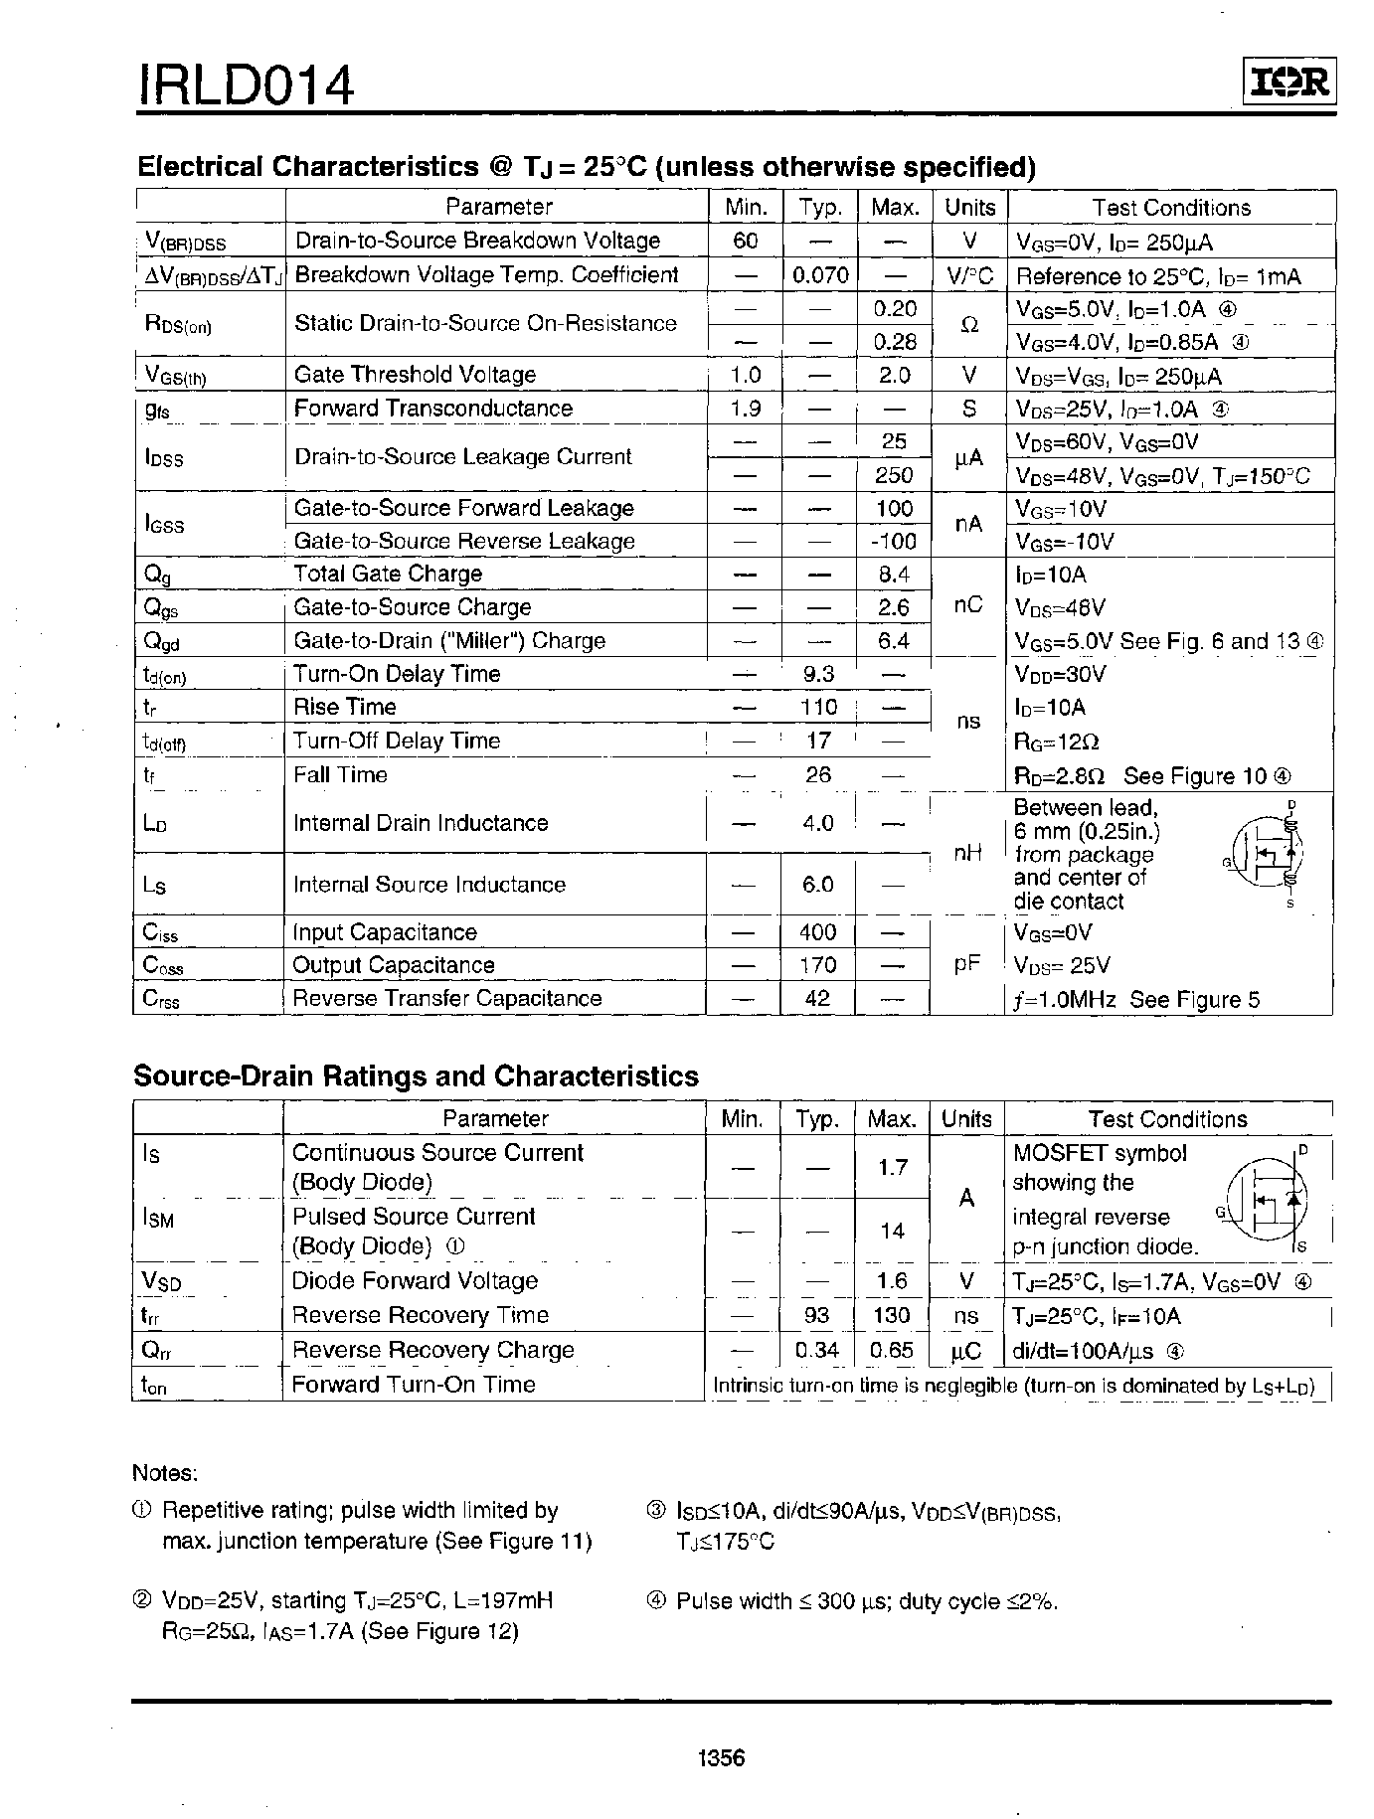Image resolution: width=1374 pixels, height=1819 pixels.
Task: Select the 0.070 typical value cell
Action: point(820,275)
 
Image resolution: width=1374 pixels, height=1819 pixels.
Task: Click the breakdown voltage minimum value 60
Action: point(746,241)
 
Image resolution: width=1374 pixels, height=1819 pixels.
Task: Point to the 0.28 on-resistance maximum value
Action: point(895,342)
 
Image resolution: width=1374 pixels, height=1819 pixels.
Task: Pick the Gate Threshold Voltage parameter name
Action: point(415,375)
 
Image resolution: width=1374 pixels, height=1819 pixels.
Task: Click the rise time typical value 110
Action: point(819,708)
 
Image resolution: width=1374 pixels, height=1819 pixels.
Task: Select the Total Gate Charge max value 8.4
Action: point(894,575)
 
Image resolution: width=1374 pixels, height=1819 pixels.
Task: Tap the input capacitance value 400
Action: point(818,932)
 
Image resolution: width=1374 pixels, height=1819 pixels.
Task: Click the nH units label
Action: point(967,853)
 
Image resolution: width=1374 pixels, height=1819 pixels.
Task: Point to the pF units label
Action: point(967,964)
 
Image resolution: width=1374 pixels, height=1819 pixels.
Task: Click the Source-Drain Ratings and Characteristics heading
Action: point(416,1076)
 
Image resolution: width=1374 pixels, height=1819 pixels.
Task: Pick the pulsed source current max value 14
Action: point(893,1231)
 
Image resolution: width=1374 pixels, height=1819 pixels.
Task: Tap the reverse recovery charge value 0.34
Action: point(818,1351)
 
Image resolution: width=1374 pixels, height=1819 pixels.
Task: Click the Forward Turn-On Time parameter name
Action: point(414,1385)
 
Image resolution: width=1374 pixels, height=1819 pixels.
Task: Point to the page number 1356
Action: point(722,1758)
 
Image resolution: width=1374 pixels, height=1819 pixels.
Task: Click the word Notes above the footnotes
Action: point(165,1473)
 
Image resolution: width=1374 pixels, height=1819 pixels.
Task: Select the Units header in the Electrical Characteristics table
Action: point(969,207)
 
